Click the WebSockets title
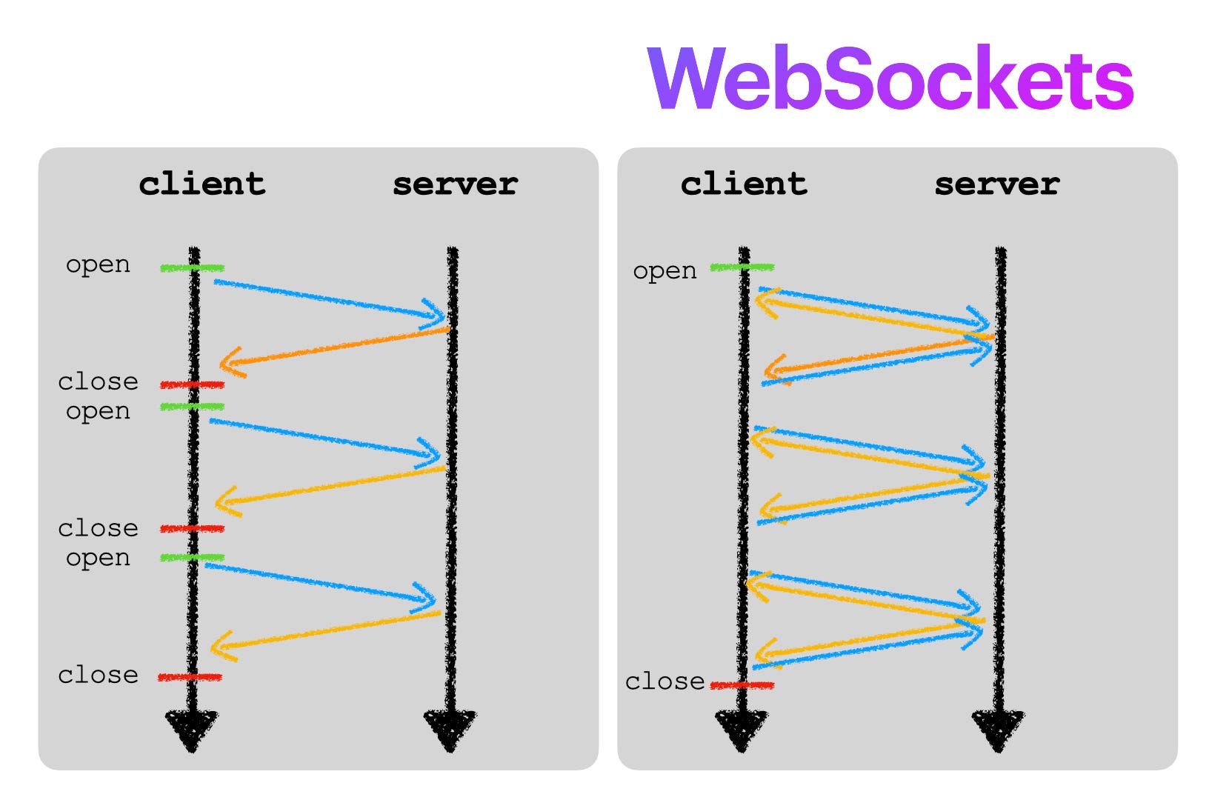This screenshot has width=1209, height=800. coord(890,79)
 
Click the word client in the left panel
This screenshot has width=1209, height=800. coord(201,184)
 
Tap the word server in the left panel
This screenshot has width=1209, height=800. coord(455,184)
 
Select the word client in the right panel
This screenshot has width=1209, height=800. coord(744,184)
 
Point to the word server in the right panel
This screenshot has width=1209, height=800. coord(997,184)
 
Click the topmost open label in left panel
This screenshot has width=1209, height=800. coord(98,265)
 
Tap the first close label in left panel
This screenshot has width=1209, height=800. coord(98,381)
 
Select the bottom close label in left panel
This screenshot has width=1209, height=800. coord(98,675)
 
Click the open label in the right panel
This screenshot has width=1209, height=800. coord(665,271)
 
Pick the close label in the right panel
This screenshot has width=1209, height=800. coord(665,681)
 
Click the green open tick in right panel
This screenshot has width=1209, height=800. coord(742,267)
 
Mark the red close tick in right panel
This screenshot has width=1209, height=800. coord(742,685)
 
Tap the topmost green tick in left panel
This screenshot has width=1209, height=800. coord(192,267)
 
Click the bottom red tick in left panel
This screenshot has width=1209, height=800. coord(190,677)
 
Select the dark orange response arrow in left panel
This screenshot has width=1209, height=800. coord(333,347)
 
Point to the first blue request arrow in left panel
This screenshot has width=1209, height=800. coord(330,300)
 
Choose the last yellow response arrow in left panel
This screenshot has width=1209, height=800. coord(326,631)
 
